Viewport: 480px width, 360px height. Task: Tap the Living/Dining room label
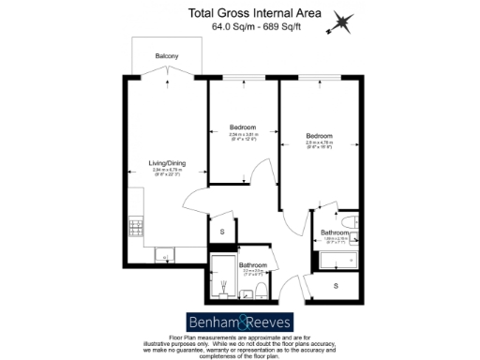(168, 163)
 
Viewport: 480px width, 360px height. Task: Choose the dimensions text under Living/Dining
(168, 171)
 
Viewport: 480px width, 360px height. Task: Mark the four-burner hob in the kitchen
(134, 226)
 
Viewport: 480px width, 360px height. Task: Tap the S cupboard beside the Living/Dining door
(222, 231)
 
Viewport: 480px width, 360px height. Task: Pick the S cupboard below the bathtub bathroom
(335, 286)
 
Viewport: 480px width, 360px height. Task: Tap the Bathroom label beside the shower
(252, 265)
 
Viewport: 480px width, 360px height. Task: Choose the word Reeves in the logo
(271, 319)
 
